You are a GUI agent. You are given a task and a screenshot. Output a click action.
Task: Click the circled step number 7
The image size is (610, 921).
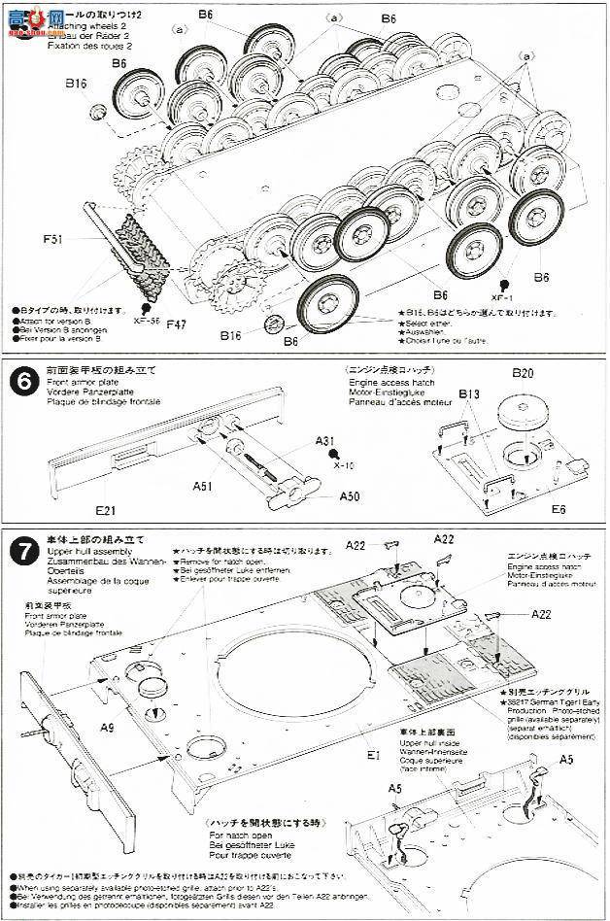click(x=20, y=550)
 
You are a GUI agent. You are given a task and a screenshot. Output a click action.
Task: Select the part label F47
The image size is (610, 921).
click(x=176, y=324)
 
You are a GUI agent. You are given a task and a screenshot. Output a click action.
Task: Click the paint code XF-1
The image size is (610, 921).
click(x=500, y=297)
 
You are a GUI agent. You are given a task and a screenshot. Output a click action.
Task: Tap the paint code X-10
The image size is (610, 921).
click(x=344, y=465)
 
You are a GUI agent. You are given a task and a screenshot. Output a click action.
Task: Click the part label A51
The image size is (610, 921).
click(x=204, y=485)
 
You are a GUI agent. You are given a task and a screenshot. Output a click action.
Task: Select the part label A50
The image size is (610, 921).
click(x=352, y=495)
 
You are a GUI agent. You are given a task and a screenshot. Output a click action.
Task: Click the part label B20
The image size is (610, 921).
click(x=523, y=373)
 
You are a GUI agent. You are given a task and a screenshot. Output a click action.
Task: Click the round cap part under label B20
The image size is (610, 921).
click(x=525, y=416)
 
